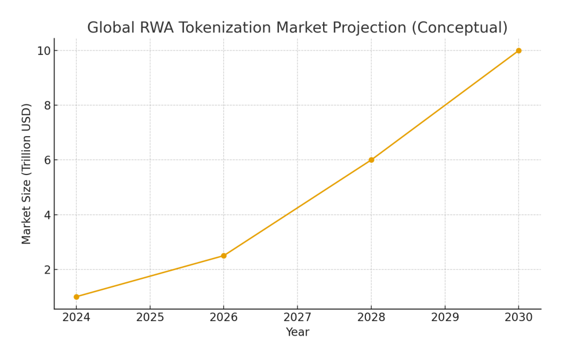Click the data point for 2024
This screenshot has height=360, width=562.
coord(76,297)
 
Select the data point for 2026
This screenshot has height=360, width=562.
coord(224,256)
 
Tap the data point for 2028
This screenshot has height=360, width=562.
coord(371,160)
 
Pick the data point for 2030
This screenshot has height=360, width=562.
coord(519,50)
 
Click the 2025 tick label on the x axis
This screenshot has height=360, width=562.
coord(150,317)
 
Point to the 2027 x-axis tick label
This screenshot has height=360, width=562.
coord(298,317)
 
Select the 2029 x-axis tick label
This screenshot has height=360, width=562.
coord(445,317)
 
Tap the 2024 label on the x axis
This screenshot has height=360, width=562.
coord(76,317)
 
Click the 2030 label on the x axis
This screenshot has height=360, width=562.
coord(519,317)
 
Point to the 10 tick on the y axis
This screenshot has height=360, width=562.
coord(43,51)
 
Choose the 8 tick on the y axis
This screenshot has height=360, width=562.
coord(47,106)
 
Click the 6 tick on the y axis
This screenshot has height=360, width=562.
coord(47,160)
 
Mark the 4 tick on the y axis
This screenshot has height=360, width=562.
coord(47,215)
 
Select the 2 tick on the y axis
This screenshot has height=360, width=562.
coord(47,270)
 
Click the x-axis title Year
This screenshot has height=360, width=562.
coord(298,332)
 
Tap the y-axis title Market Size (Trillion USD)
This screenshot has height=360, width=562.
coord(27,174)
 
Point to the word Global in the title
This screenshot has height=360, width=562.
coord(108,28)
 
